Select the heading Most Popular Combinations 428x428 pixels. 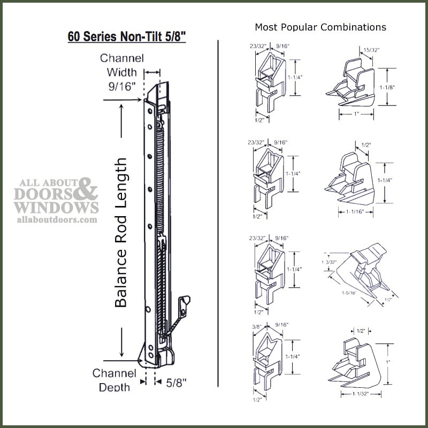point(320,27)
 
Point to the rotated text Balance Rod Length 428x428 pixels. point(122,232)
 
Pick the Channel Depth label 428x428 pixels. point(114,379)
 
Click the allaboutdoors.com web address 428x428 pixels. point(58,219)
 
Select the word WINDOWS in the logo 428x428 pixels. point(58,207)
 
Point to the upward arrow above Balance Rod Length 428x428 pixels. point(123,115)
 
